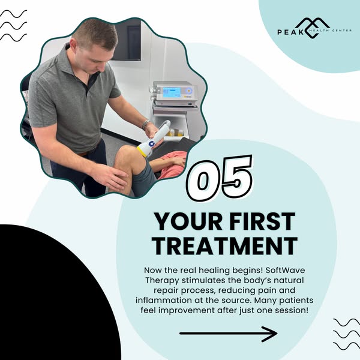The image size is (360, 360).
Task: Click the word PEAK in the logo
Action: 290,32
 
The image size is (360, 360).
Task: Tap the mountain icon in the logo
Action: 312,28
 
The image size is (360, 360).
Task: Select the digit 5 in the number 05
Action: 236,176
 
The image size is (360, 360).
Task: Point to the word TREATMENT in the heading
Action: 225,246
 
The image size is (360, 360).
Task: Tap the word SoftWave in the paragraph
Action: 285,270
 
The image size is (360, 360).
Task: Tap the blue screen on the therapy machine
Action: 172,92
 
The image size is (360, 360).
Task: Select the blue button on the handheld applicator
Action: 152,144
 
